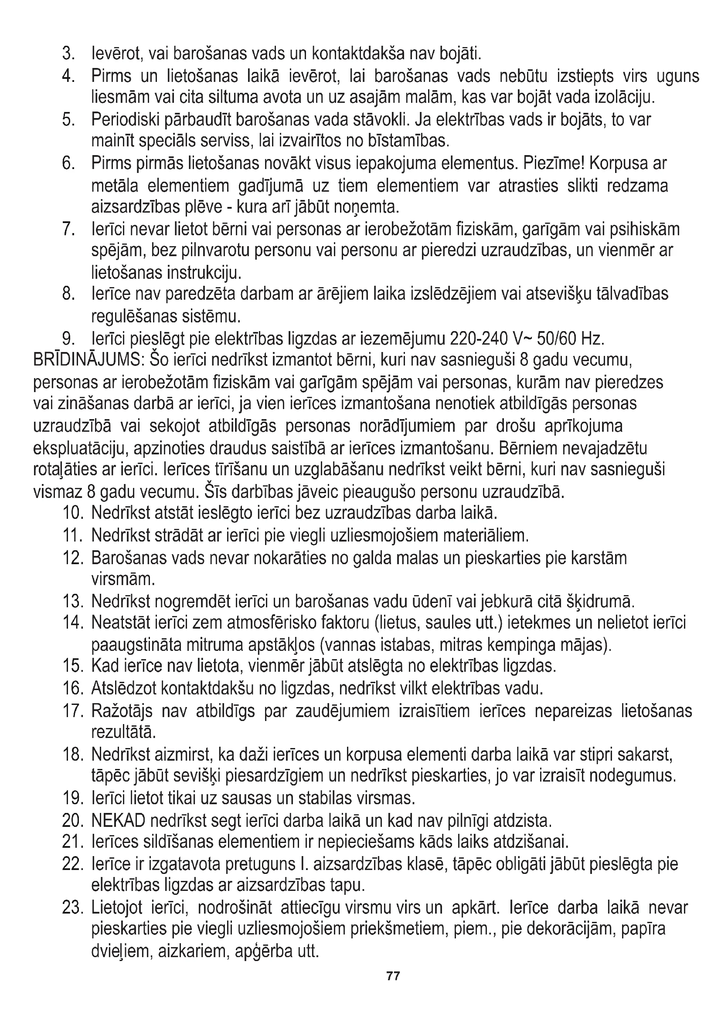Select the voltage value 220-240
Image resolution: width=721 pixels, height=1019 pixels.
pyautogui.click(x=478, y=339)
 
